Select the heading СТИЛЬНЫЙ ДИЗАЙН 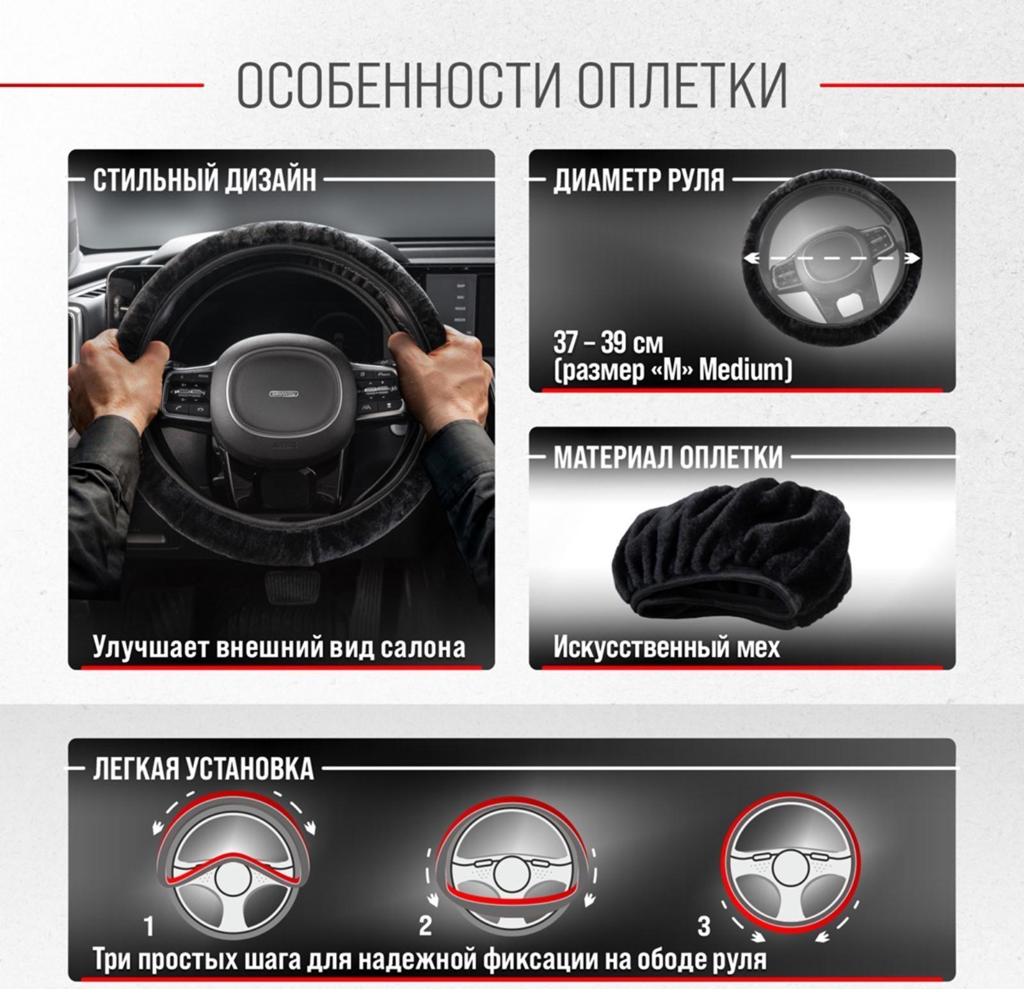(x=204, y=180)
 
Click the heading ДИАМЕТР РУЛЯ (x=639, y=180)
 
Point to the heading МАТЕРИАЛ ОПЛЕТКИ (x=668, y=457)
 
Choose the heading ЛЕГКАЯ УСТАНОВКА (x=204, y=768)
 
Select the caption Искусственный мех (x=666, y=647)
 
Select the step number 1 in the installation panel (x=149, y=926)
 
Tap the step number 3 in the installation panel (x=703, y=926)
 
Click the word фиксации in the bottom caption (x=548, y=960)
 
